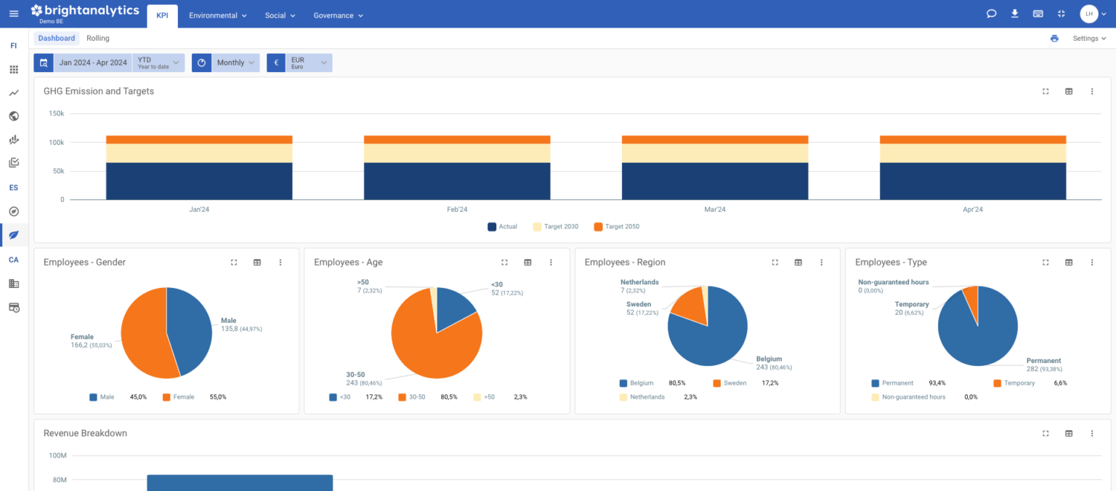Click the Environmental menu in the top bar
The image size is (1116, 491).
217,15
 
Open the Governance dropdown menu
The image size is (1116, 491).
338,15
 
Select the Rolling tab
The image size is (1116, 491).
98,38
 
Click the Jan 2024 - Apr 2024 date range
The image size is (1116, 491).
93,63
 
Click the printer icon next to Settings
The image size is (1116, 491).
1054,39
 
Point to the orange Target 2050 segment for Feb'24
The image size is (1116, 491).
457,140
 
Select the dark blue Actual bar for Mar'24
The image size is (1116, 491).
714,181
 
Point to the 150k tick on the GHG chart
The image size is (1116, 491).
57,113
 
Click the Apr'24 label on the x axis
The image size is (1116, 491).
972,209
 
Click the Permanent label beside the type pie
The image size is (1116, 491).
1043,361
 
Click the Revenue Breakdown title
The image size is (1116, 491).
85,433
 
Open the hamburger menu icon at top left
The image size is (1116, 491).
14,14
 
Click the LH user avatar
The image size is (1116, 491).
1088,14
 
